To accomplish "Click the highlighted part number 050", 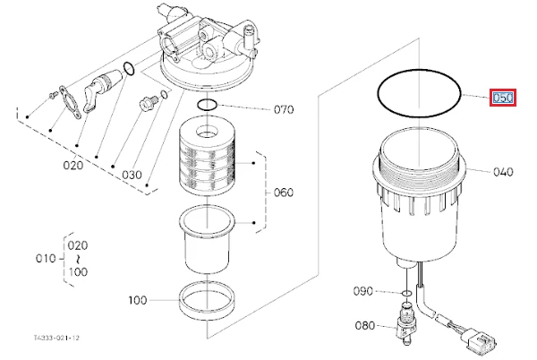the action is [502, 98].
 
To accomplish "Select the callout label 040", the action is [503, 172].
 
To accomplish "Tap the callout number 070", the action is [284, 109].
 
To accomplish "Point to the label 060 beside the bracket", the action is [284, 193].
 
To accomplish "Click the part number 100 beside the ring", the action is [138, 300].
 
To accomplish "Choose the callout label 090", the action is [363, 291].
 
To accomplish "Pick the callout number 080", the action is [365, 325].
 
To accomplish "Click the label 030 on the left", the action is [132, 175].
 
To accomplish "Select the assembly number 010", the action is [46, 258].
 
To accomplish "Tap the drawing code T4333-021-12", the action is [56, 339].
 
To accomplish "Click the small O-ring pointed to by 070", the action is [207, 105].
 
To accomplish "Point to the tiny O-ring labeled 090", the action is [407, 293].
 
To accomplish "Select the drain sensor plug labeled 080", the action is [405, 323].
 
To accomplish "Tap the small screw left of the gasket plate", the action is [52, 95].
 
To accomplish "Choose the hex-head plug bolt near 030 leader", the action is [148, 104].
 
